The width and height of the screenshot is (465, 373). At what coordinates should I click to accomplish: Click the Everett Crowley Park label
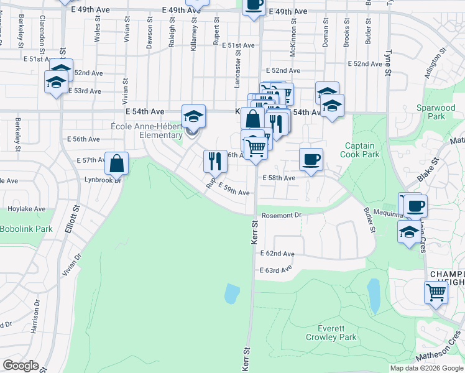(x=331, y=333)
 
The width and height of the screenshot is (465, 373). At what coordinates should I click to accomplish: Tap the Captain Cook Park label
(x=362, y=150)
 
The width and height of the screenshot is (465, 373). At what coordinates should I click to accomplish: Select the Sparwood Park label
(x=431, y=112)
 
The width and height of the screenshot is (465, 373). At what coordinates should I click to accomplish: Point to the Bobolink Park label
(x=25, y=229)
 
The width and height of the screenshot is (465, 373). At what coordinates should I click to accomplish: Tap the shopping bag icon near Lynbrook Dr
(x=117, y=163)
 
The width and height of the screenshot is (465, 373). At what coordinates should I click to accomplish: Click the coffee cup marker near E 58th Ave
(x=311, y=159)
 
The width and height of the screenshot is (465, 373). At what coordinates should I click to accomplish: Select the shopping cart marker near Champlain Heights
(x=436, y=292)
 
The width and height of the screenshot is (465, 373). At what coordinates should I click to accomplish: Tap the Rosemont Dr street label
(x=281, y=215)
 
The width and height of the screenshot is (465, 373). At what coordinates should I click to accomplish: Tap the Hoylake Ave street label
(x=26, y=209)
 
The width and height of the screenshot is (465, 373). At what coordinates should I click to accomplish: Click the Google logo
(x=21, y=366)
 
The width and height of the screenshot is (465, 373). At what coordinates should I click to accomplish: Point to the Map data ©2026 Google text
(x=426, y=368)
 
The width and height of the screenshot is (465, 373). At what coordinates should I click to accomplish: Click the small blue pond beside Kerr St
(x=231, y=293)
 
